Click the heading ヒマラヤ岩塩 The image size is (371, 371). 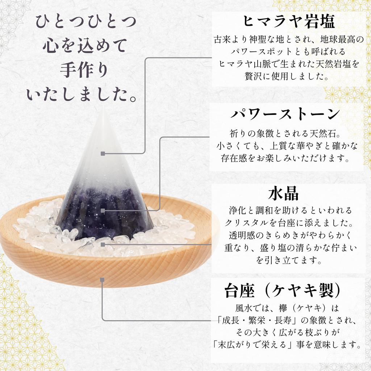(x=288, y=21)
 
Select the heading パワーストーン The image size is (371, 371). (x=285, y=114)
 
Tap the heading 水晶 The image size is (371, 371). (x=283, y=194)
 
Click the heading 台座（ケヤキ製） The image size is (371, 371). (x=283, y=290)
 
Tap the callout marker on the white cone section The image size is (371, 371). (x=103, y=154)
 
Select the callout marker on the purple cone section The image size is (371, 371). (x=103, y=210)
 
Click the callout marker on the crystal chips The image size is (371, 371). (x=103, y=245)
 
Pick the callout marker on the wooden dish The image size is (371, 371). (x=103, y=280)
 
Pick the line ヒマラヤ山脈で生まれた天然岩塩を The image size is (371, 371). (x=289, y=64)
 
